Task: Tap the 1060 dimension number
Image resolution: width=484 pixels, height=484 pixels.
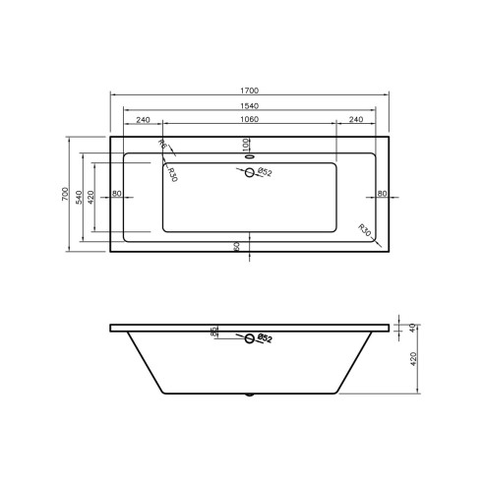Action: pyautogui.click(x=249, y=119)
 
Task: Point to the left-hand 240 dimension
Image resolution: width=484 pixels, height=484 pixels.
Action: pyautogui.click(x=144, y=119)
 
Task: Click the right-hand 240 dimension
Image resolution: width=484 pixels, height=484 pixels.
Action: pyautogui.click(x=355, y=119)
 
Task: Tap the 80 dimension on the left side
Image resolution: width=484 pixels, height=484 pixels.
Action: pyautogui.click(x=117, y=193)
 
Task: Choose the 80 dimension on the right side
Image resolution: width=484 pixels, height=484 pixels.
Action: pyautogui.click(x=382, y=193)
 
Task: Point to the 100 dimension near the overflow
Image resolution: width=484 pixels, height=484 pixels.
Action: pyautogui.click(x=247, y=144)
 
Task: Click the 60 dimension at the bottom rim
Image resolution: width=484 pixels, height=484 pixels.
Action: pyautogui.click(x=237, y=245)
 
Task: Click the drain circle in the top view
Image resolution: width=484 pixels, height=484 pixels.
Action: pyautogui.click(x=249, y=173)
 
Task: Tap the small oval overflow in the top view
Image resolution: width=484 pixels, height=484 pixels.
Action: pyautogui.click(x=249, y=153)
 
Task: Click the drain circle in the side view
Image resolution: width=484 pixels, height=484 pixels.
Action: pyautogui.click(x=249, y=339)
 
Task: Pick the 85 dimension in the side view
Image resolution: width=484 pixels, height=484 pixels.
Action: pyautogui.click(x=213, y=333)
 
